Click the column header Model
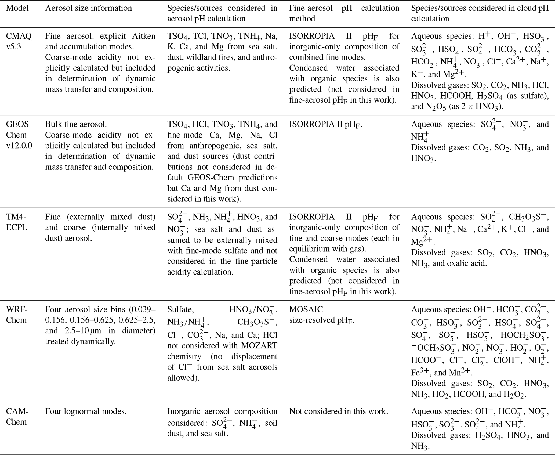click(17, 8)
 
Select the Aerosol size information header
click(88, 8)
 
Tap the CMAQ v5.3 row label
click(19, 41)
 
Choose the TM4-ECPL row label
click(17, 222)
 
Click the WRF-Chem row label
click(16, 315)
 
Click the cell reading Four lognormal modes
click(86, 411)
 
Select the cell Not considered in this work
click(338, 411)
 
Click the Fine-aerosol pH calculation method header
click(344, 13)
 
